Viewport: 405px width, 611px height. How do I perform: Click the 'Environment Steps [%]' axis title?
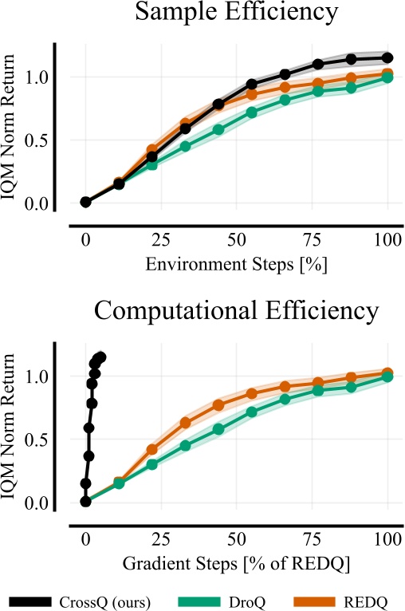pos(236,262)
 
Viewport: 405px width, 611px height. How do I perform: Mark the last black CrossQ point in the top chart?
pos(388,57)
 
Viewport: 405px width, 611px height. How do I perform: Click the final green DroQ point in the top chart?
pos(388,77)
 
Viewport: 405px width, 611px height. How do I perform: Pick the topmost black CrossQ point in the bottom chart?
pos(100,357)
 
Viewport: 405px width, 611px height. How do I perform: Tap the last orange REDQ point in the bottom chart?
pos(388,373)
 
